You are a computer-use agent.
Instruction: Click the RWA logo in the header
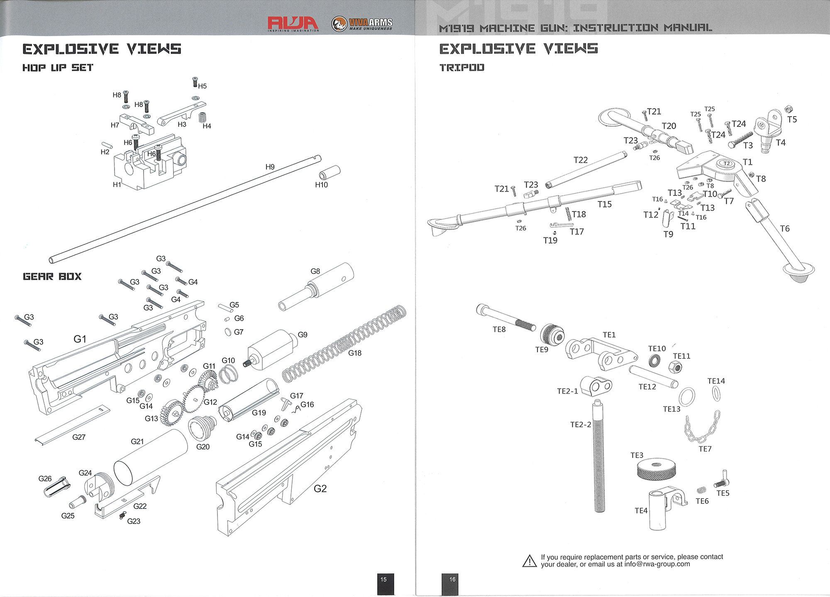(293, 23)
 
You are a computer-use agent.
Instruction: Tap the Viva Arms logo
(362, 24)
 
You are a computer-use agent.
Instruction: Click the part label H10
(321, 185)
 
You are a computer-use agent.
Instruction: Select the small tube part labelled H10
(330, 172)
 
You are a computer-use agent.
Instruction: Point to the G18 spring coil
(344, 344)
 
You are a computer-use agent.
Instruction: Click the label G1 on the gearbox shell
(80, 339)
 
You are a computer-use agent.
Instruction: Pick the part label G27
(79, 437)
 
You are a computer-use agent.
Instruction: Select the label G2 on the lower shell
(320, 488)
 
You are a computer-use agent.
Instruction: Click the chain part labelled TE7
(702, 429)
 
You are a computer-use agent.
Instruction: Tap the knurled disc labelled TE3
(656, 469)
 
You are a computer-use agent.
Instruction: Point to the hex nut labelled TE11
(675, 367)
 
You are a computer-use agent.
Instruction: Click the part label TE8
(499, 329)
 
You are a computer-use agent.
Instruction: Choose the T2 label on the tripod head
(727, 163)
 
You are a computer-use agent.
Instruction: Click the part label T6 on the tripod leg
(785, 229)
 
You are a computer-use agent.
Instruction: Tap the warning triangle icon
(530, 561)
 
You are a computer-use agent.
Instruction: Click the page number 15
(383, 580)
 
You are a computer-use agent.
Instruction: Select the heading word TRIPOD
(462, 68)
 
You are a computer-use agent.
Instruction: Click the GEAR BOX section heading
(52, 277)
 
